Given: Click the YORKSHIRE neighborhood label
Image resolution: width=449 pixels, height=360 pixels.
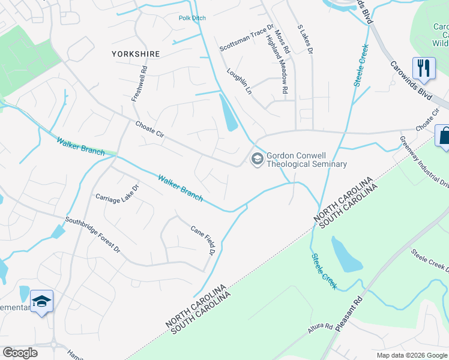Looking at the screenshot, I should tap(136, 54).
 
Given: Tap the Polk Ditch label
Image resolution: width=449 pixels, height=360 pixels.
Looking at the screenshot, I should tap(192, 18).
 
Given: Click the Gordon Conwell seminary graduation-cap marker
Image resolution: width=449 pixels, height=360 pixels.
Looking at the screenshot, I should tap(257, 159).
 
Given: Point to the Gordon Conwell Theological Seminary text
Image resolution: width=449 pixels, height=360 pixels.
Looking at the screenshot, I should tap(307, 159).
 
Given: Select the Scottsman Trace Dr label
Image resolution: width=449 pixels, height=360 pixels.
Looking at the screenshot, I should tap(246, 39).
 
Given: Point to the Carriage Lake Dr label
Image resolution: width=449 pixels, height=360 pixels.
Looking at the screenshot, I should tap(118, 192).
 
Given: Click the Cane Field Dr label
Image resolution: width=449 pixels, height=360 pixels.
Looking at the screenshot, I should tap(203, 239).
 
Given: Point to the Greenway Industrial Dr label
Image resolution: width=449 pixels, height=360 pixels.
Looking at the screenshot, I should tap(424, 162).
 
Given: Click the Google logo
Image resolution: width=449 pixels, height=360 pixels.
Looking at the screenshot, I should tap(20, 353).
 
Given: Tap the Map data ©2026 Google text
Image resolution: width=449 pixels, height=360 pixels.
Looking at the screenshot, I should tap(412, 355).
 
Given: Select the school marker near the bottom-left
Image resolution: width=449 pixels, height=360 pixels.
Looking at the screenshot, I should tap(42, 302).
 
